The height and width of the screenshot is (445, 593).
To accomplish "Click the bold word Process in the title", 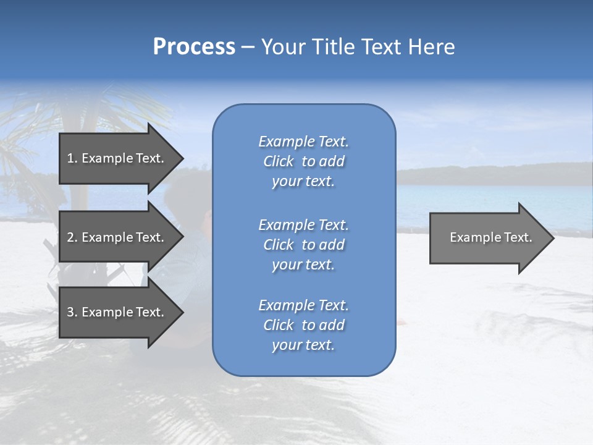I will click(x=194, y=47).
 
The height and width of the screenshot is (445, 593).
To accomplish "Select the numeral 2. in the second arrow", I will click(x=72, y=237).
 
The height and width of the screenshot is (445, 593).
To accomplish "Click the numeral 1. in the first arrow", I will click(x=72, y=158).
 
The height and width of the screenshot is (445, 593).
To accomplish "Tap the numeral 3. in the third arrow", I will click(x=72, y=312).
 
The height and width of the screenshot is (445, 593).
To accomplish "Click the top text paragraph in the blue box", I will click(x=303, y=161).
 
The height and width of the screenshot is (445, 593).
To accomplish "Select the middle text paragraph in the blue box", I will click(x=303, y=245).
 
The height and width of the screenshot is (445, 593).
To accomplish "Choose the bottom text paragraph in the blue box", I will click(x=303, y=325).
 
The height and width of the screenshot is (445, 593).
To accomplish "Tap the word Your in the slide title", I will click(x=282, y=47).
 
